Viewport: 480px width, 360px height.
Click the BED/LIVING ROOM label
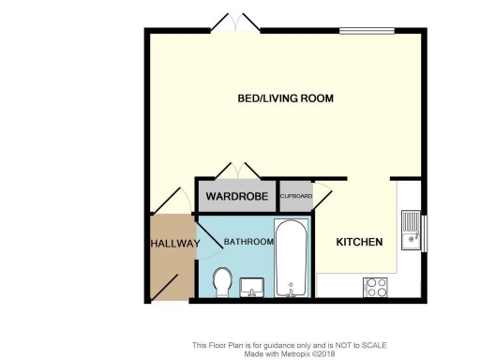click(x=285, y=98)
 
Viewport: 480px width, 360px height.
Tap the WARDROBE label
click(x=239, y=197)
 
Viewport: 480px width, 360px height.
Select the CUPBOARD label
click(x=295, y=197)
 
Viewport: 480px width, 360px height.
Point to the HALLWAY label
click(x=174, y=244)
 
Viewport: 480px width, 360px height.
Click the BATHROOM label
click(x=247, y=242)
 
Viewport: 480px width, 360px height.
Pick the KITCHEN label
click(x=360, y=242)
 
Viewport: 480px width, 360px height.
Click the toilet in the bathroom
click(x=223, y=279)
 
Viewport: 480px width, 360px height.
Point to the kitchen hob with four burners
click(x=376, y=286)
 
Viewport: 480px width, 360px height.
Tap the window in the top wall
click(x=366, y=31)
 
